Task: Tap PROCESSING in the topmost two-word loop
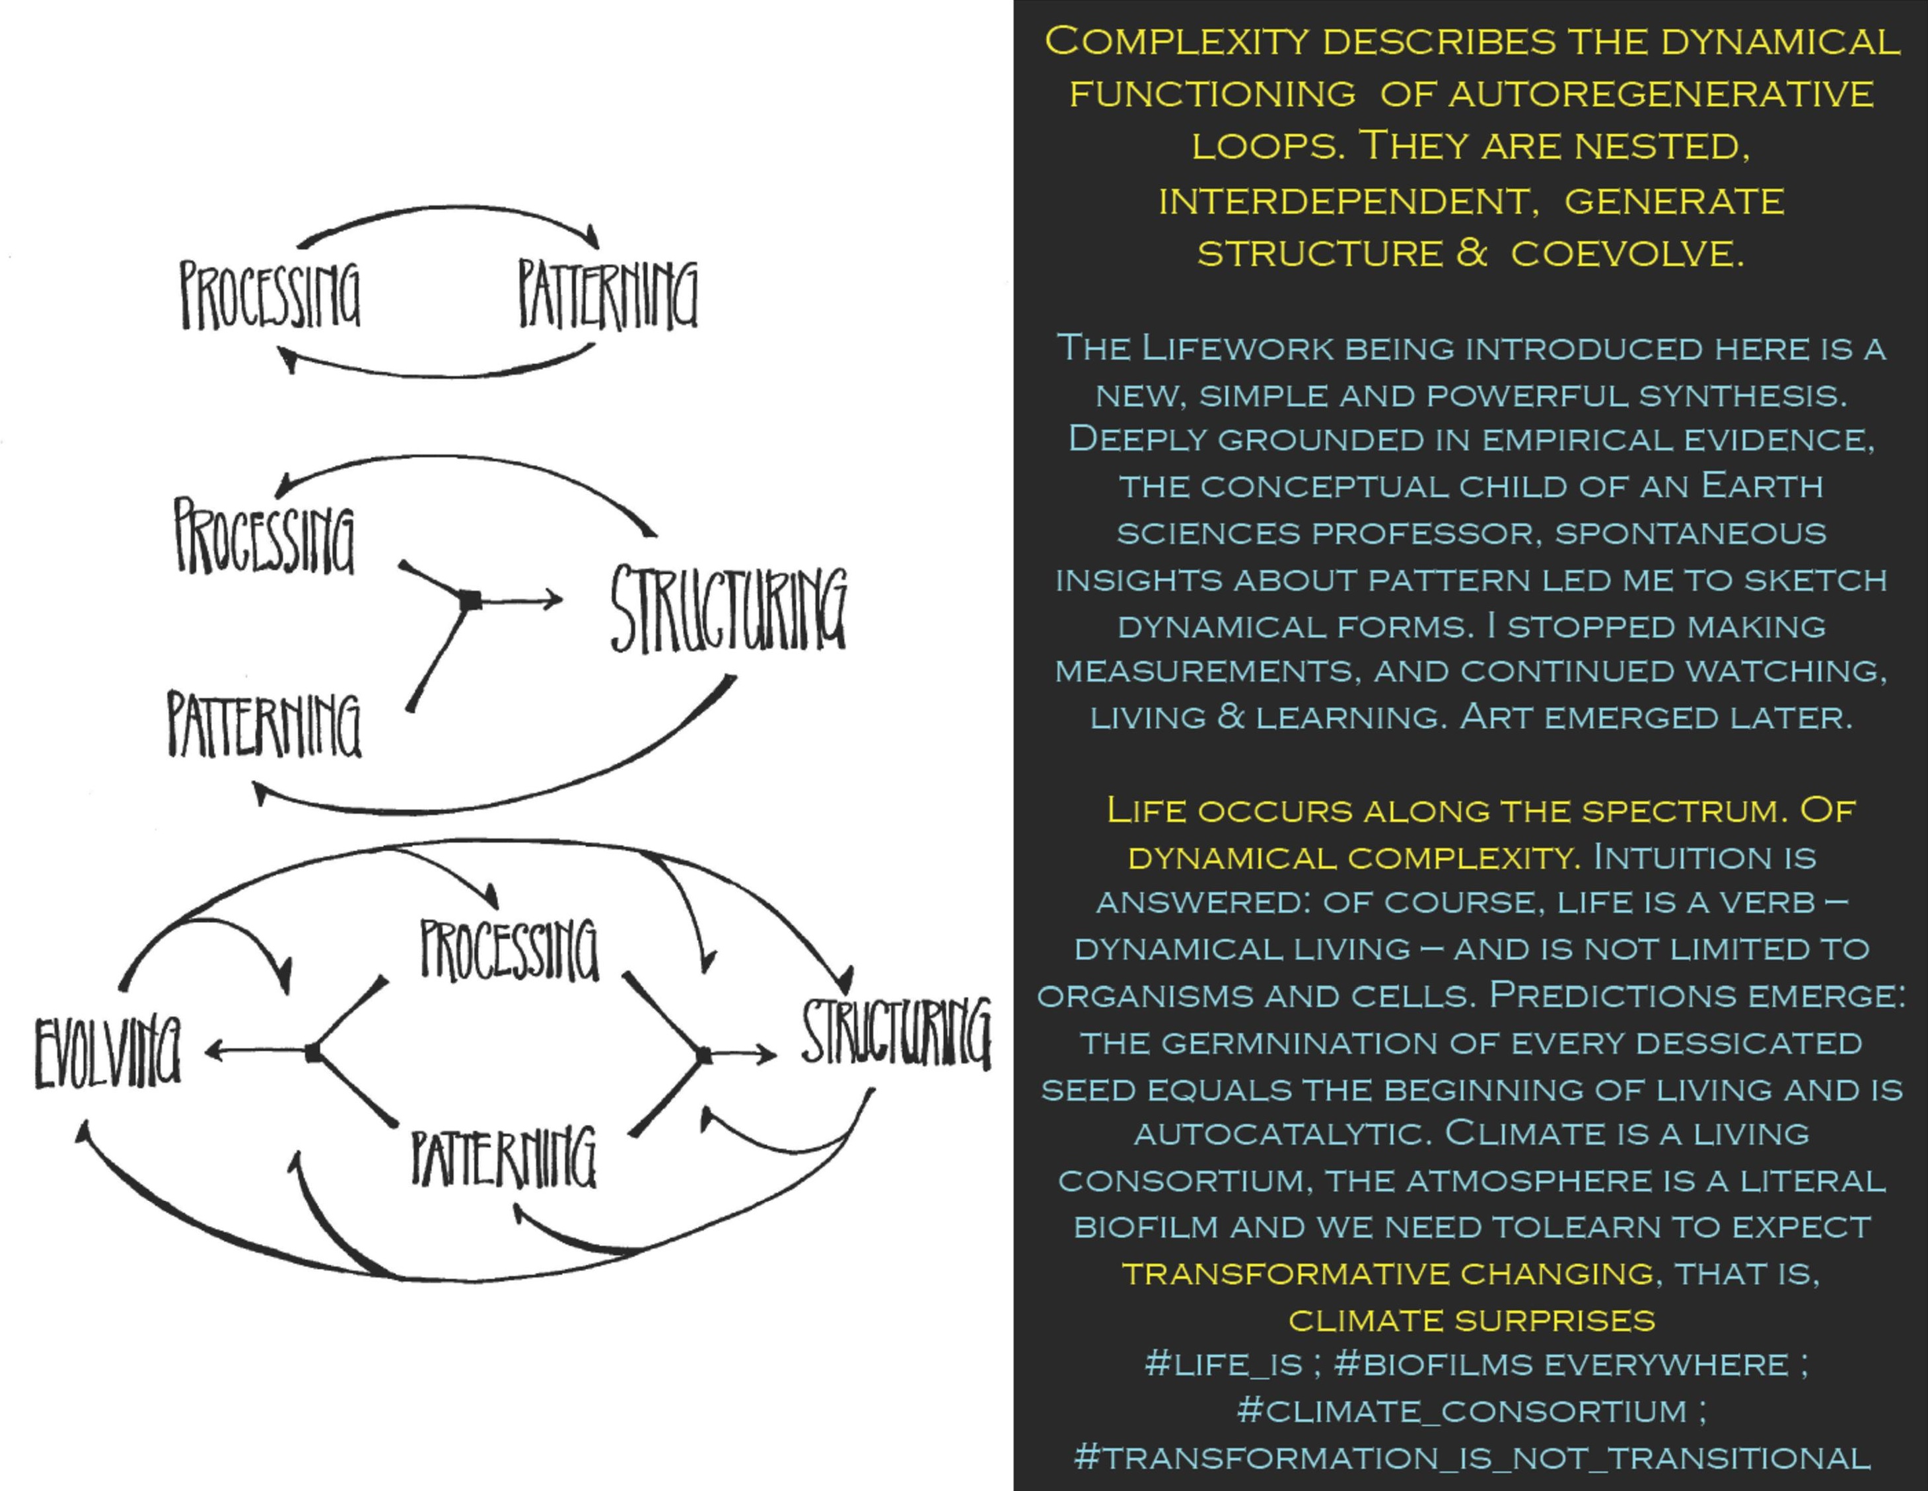pos(270,295)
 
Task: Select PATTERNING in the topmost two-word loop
pos(608,294)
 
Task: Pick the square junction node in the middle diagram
pos(472,601)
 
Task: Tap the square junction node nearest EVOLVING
pos(312,1052)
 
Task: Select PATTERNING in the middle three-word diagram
pos(265,725)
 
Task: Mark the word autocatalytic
pos(1282,1134)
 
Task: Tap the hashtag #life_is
pos(1223,1364)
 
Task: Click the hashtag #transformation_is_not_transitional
pos(1472,1457)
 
